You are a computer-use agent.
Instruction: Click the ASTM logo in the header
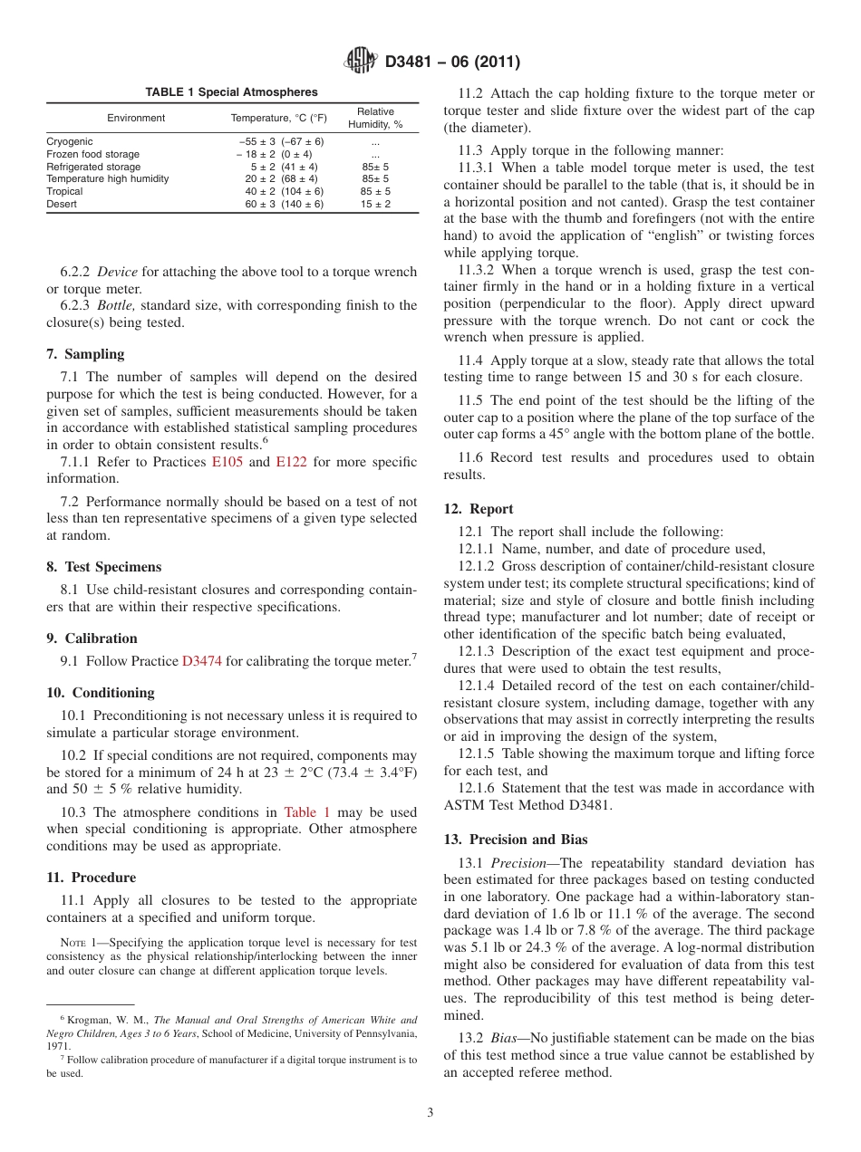click(x=362, y=62)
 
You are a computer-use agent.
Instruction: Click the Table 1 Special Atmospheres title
click(x=232, y=92)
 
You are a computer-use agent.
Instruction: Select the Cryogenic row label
click(x=70, y=142)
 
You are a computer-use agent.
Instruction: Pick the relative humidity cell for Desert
click(x=375, y=205)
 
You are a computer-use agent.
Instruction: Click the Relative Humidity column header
click(x=375, y=119)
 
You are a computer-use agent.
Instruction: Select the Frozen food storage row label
click(x=92, y=155)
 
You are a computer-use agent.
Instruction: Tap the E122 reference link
click(x=291, y=462)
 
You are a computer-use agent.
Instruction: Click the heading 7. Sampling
click(x=85, y=354)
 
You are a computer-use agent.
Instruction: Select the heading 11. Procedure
click(x=92, y=878)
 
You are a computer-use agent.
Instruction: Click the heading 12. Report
click(x=479, y=509)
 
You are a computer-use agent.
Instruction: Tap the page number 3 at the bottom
click(x=430, y=1113)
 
